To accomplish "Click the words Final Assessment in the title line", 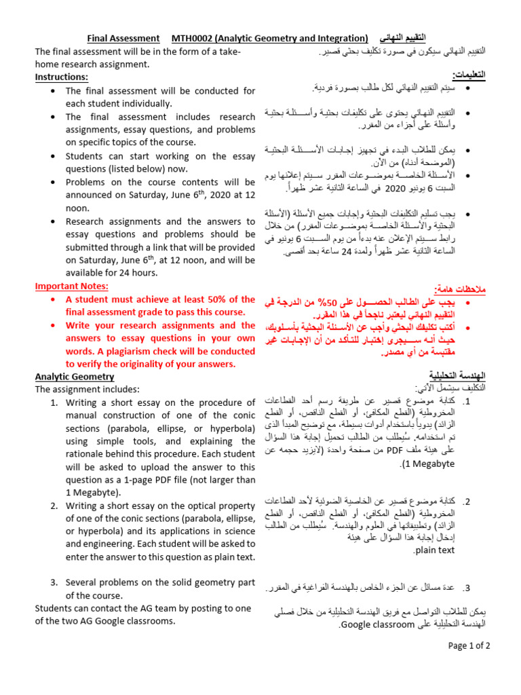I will (x=123, y=38).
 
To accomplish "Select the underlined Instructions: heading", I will (x=62, y=77).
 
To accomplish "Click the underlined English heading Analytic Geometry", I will (x=75, y=377).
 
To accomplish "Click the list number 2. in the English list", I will (x=54, y=506).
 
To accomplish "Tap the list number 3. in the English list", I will (x=54, y=582).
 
